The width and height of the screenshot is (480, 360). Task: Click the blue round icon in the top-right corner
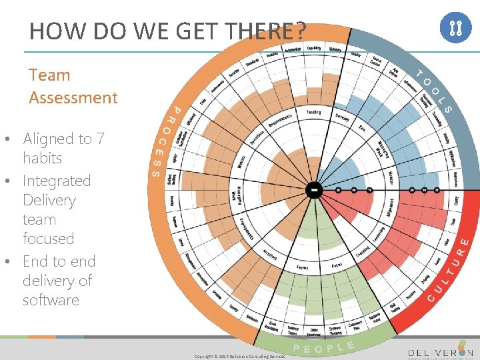(x=457, y=28)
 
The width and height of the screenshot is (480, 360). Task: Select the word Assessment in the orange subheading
(x=73, y=97)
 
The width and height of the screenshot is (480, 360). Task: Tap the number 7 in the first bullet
(x=100, y=139)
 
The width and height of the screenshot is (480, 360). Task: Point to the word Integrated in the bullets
(x=57, y=181)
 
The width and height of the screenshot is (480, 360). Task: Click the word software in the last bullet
(x=51, y=300)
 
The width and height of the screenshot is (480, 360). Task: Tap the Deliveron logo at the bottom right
(x=441, y=351)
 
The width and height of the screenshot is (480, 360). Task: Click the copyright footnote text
(x=239, y=357)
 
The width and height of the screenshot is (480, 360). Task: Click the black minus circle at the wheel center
(x=314, y=190)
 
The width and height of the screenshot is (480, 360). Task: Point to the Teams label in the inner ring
(x=302, y=268)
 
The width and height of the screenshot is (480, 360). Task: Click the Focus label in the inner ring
(x=337, y=266)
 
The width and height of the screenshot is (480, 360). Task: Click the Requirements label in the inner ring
(x=280, y=121)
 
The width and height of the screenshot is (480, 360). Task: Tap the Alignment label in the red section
(x=390, y=207)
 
